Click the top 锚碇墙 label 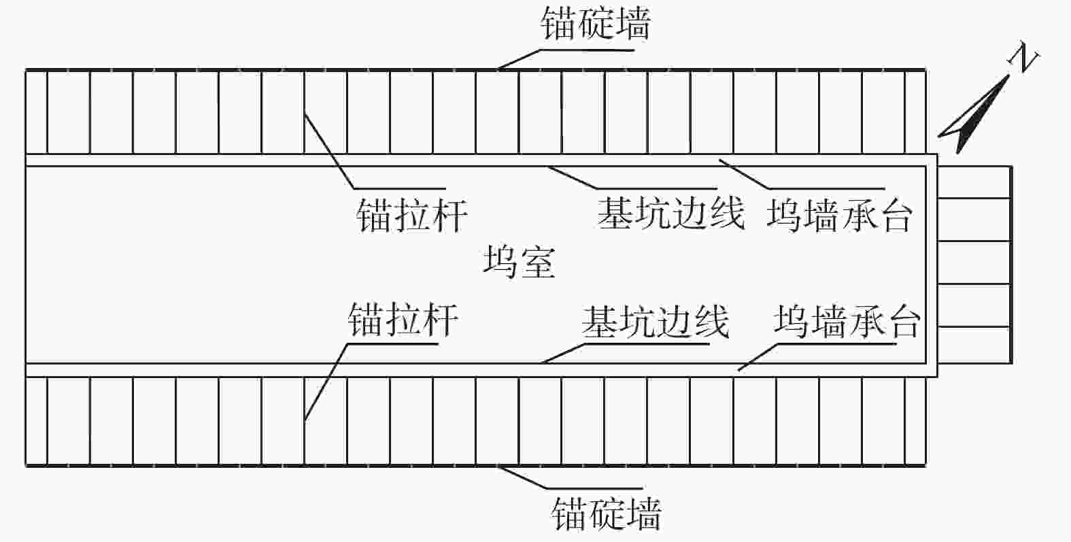(x=596, y=23)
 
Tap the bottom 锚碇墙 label (x=606, y=513)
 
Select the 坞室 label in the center (x=519, y=262)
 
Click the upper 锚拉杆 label (x=412, y=216)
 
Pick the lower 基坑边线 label (x=656, y=322)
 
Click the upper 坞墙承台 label (x=839, y=216)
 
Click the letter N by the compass (x=1023, y=60)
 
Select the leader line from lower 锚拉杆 (x=325, y=381)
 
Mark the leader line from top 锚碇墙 (x=520, y=58)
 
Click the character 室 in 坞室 (x=537, y=262)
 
